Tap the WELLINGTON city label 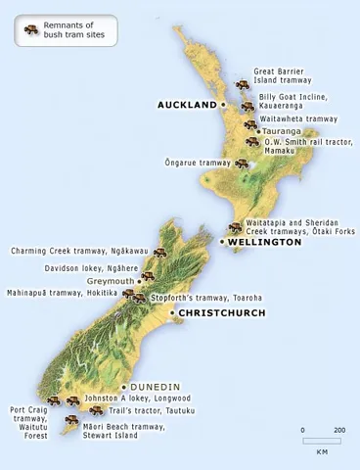[x=264, y=241]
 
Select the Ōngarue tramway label [x=197, y=163]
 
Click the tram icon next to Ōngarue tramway [x=241, y=163]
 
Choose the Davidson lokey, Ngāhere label [x=90, y=267]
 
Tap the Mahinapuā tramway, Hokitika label [x=62, y=292]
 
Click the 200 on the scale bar [x=338, y=430]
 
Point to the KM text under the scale [x=322, y=452]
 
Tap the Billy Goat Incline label [x=292, y=102]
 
